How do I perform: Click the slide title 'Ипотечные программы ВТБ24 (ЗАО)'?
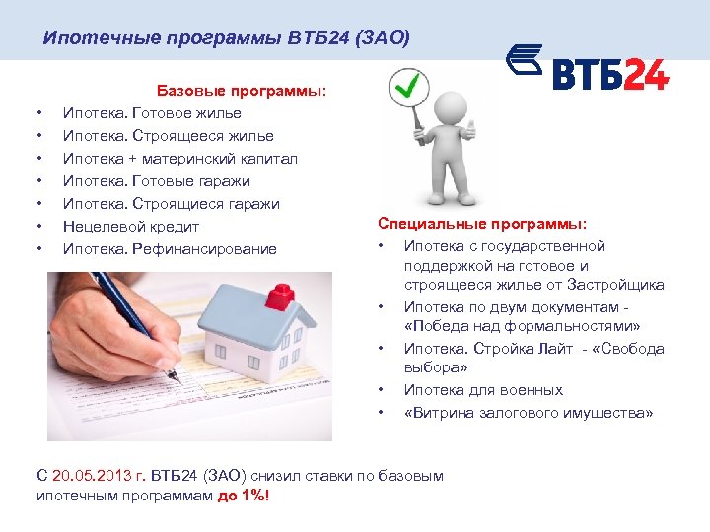[226, 38]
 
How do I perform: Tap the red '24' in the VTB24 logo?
[642, 74]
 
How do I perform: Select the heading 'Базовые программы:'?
[242, 91]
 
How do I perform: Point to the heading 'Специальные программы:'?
[481, 224]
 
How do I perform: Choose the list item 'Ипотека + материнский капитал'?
[167, 159]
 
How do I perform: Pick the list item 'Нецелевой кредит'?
[131, 227]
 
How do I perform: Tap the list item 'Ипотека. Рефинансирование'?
[170, 249]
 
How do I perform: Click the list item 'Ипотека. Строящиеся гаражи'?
[172, 204]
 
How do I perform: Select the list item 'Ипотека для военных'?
[483, 390]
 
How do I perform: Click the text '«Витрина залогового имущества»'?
[528, 414]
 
